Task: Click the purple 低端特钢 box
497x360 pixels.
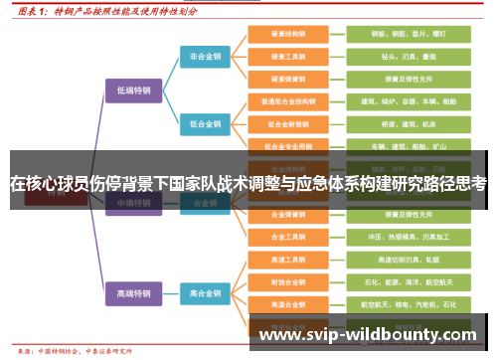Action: pyautogui.click(x=132, y=90)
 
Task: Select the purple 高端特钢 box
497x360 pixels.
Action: pyautogui.click(x=132, y=293)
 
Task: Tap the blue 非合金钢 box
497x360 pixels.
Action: pyautogui.click(x=206, y=57)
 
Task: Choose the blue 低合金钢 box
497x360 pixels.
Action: pyautogui.click(x=206, y=124)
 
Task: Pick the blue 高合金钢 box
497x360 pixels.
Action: pyautogui.click(x=206, y=293)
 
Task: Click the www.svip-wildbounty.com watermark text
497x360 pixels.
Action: pyautogui.click(x=367, y=335)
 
